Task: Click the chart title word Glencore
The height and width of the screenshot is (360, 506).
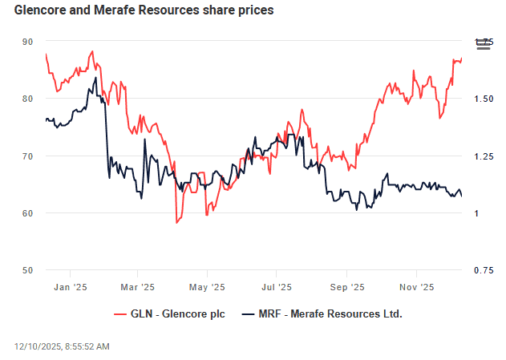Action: pyautogui.click(x=43, y=11)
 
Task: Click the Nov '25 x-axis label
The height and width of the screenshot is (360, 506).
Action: pyautogui.click(x=416, y=286)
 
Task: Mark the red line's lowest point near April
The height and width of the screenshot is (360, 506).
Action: pyautogui.click(x=176, y=222)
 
